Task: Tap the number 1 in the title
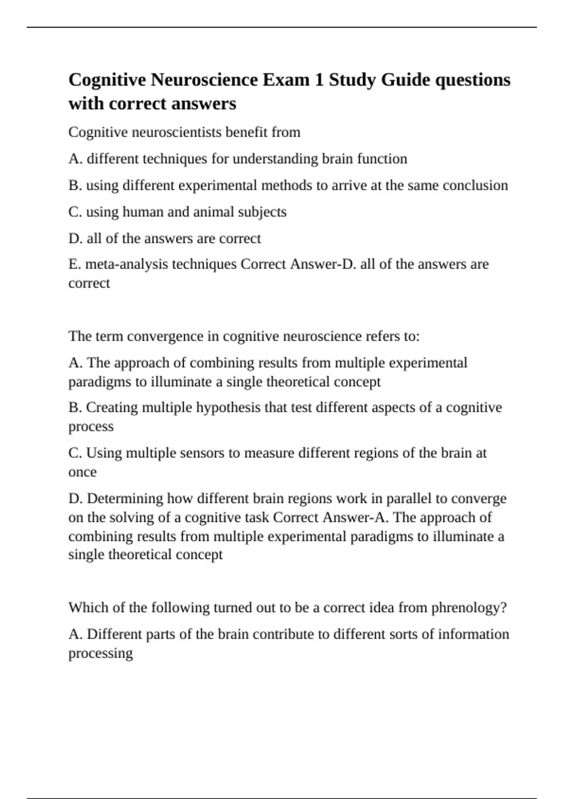(x=319, y=80)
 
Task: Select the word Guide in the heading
(x=405, y=80)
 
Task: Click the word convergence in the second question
(x=173, y=337)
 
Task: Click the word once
(x=82, y=472)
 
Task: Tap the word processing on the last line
(x=101, y=653)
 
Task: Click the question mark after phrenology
(x=504, y=608)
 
